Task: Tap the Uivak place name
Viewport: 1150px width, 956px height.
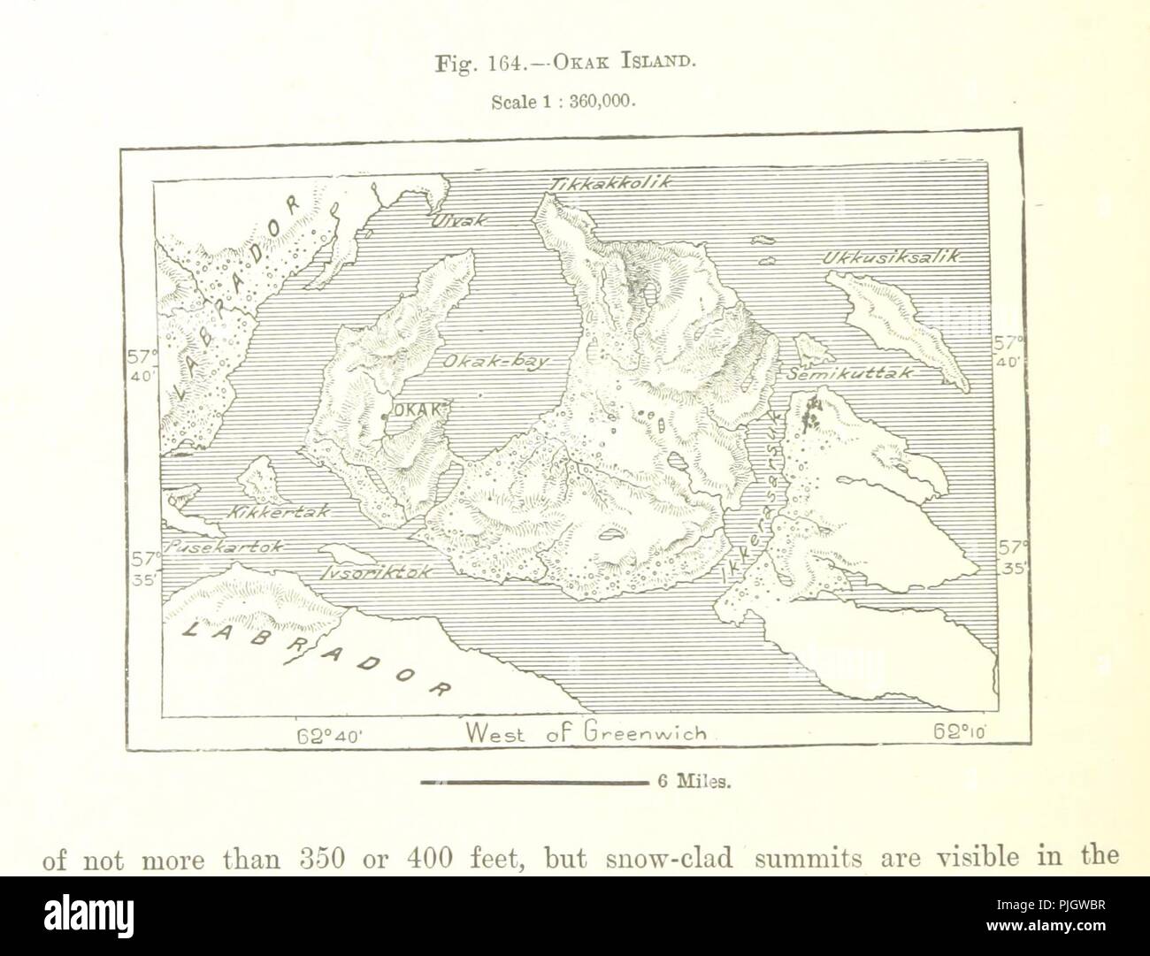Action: [458, 222]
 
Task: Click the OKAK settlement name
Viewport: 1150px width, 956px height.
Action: [416, 409]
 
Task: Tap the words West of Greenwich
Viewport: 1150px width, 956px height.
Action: [586, 732]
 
